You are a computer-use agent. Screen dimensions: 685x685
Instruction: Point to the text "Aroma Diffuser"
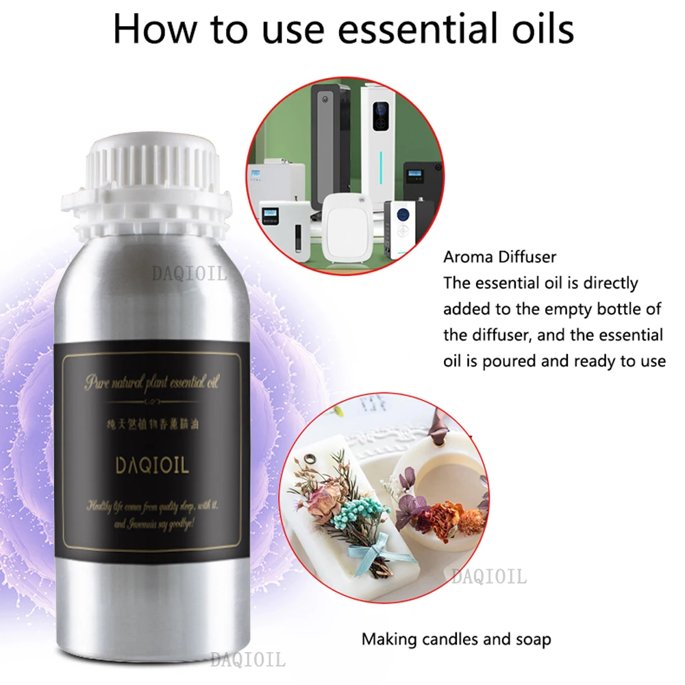tap(500, 258)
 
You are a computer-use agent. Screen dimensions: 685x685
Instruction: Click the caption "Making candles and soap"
tap(456, 640)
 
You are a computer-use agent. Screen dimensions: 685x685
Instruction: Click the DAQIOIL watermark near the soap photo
tap(488, 577)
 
